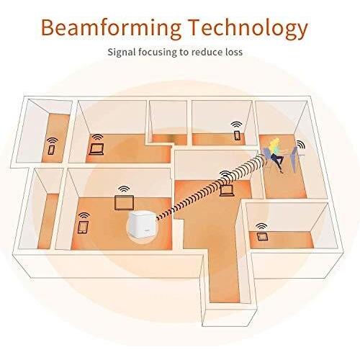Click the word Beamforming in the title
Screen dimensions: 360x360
pos(111,28)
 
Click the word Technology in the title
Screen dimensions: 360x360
pos(248,28)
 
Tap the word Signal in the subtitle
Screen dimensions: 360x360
pos(121,52)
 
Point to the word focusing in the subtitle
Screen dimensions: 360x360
pos(158,52)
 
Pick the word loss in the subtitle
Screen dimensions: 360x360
pos(233,52)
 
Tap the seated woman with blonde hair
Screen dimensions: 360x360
pos(276,154)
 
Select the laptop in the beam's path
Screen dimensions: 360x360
pos(227,190)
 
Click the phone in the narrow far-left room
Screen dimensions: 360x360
pos(51,150)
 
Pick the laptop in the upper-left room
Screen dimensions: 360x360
pos(96,149)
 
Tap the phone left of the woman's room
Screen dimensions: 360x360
pos(237,135)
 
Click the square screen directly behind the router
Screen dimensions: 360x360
pos(124,202)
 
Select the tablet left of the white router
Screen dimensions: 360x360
pos(84,227)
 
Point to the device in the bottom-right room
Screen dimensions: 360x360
pos(262,236)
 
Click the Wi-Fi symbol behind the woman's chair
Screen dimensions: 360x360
pos(300,145)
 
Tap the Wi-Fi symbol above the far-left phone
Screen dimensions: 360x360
pos(53,140)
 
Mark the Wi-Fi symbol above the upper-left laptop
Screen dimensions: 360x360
pos(97,138)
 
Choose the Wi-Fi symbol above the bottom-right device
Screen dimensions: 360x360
pos(261,226)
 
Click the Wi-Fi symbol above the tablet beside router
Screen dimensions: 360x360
pos(84,215)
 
